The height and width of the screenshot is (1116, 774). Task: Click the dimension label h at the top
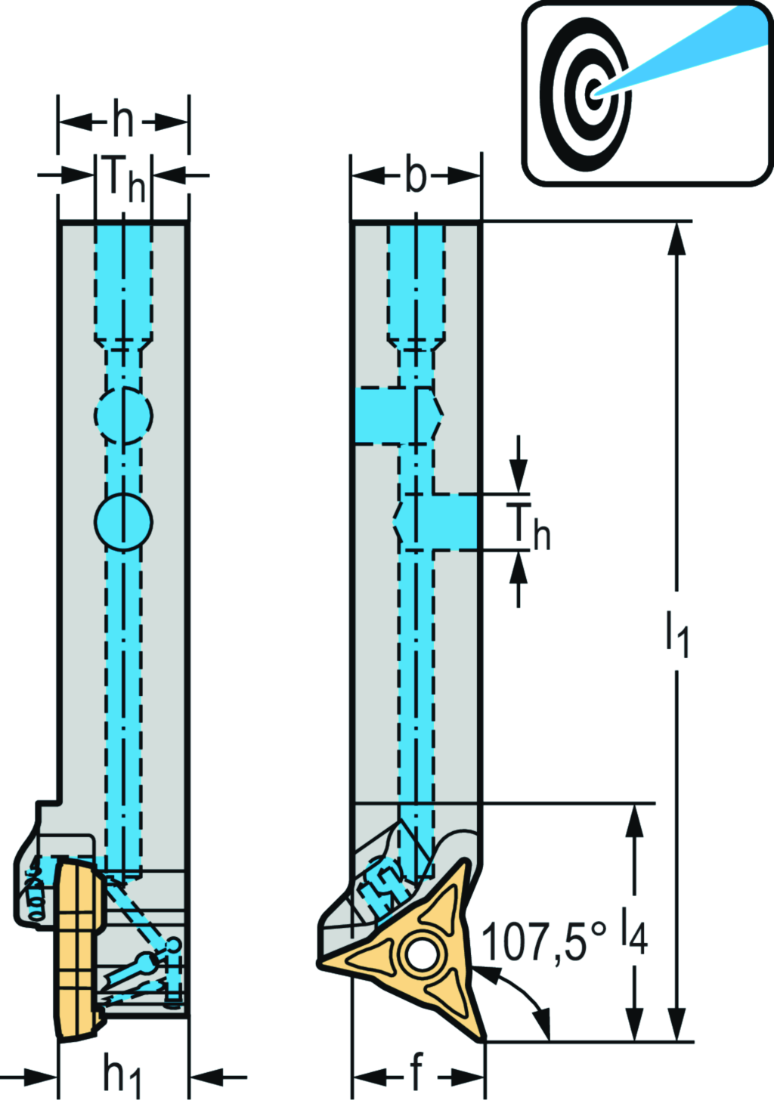(123, 120)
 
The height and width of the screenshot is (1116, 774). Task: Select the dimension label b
(416, 176)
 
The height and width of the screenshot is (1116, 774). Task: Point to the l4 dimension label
(633, 932)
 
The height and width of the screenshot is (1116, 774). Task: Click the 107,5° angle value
(543, 941)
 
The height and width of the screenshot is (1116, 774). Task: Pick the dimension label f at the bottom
(416, 1072)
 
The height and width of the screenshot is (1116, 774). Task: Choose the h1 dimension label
(122, 1074)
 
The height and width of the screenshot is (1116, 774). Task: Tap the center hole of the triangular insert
(419, 954)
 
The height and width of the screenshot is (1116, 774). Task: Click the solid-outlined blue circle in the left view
(123, 521)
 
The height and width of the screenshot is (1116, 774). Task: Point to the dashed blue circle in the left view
(123, 415)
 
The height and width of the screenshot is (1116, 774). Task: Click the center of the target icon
(594, 94)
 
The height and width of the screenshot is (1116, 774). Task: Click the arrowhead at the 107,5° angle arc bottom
(545, 1028)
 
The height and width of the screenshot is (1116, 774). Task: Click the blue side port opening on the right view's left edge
(385, 416)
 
